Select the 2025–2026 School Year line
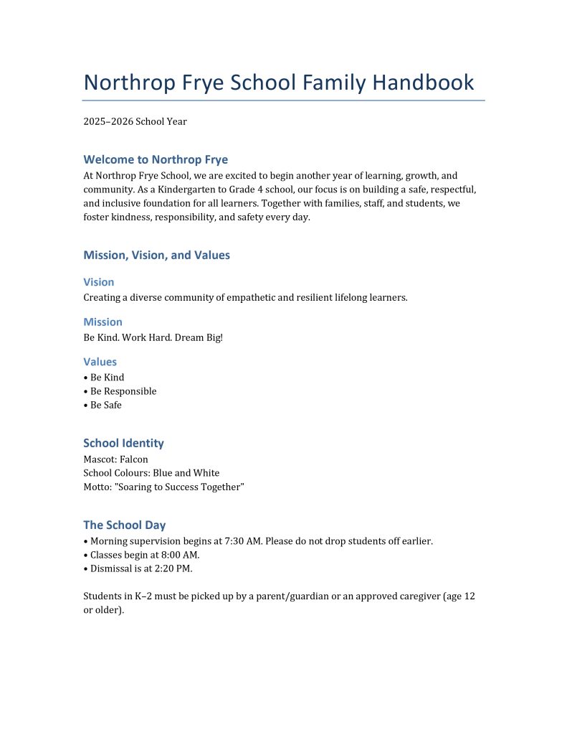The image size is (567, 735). pyautogui.click(x=135, y=121)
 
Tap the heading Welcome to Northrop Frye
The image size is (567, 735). pyautogui.click(x=156, y=159)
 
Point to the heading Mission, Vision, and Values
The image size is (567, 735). pyautogui.click(x=156, y=255)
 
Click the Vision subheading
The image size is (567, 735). pyautogui.click(x=99, y=282)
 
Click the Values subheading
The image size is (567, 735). pyautogui.click(x=100, y=362)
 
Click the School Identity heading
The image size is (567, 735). pyautogui.click(x=123, y=443)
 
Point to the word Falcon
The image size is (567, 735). pyautogui.click(x=134, y=459)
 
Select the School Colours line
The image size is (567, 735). pyautogui.click(x=151, y=473)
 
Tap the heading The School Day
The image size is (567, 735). pyautogui.click(x=125, y=525)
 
